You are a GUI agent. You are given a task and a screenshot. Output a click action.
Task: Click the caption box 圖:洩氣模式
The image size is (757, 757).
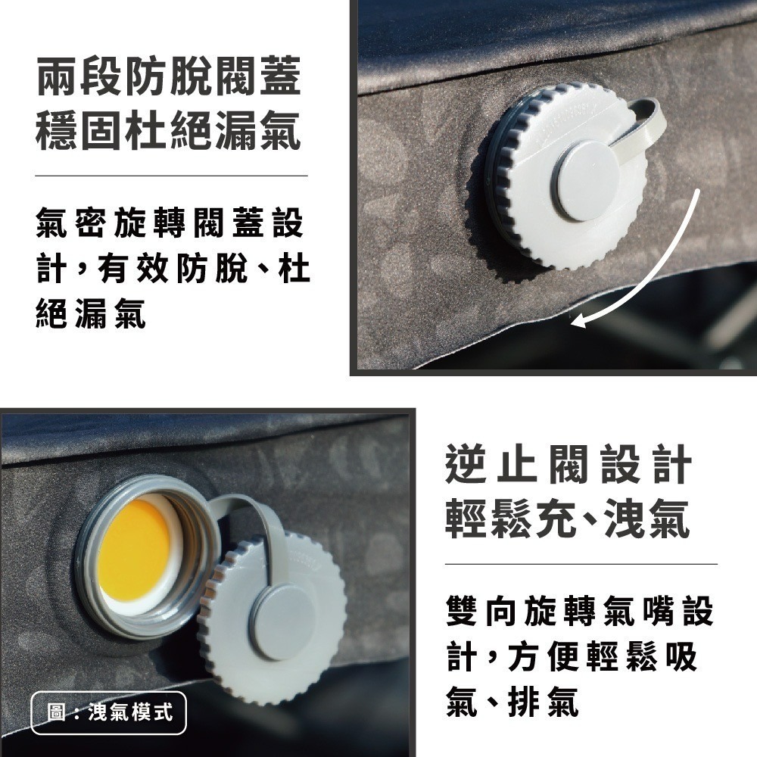click(x=109, y=712)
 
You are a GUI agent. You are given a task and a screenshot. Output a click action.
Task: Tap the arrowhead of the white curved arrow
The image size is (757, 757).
click(x=579, y=321)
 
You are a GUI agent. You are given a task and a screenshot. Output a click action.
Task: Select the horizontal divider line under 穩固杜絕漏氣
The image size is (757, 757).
click(x=171, y=176)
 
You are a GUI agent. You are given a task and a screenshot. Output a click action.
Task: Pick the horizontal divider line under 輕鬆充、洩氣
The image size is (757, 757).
click(x=581, y=564)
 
